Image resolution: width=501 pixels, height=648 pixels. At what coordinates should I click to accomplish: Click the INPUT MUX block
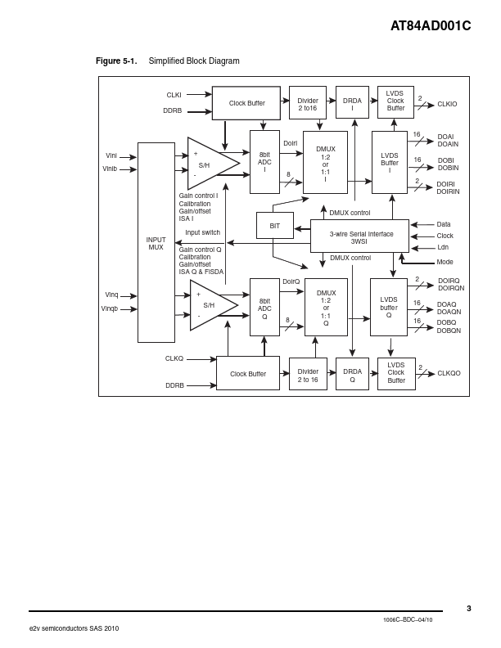pos(156,243)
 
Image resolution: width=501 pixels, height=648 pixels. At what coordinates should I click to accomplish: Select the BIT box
pos(274,226)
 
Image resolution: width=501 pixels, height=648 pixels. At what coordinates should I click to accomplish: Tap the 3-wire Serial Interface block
pos(359,236)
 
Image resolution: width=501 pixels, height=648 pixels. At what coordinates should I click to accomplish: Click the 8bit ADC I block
pos(264,162)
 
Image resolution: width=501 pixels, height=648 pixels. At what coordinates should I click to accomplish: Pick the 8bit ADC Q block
pos(264,308)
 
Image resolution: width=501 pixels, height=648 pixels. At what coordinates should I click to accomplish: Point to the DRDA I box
pos(352,103)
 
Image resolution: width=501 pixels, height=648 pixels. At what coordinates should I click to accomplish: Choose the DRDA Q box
pos(352,374)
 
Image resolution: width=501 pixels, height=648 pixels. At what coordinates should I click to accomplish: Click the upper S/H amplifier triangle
pos(209,164)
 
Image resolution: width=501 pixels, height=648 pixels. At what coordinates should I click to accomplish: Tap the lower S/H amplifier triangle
pos(210,305)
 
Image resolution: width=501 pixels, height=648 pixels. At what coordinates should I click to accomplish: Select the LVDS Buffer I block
pos(389,162)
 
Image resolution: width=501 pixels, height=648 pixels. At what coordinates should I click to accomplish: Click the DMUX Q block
pos(326,308)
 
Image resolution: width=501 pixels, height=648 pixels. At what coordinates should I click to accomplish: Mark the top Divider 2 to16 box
pos(307,103)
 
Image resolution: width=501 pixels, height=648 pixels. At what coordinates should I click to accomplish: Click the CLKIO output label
pos(447,104)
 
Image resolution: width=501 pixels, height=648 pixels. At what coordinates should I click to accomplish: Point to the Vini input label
pos(111,155)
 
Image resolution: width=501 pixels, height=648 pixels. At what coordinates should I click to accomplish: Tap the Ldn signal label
pos(442,247)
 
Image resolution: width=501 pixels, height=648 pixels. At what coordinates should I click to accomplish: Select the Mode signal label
pos(445,262)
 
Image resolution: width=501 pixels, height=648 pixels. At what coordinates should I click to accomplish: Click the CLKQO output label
pos(449,373)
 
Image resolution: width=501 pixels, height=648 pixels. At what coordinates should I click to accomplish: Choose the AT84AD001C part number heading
pos(430,26)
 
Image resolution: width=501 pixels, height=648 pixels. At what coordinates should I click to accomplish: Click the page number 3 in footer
pos(469,608)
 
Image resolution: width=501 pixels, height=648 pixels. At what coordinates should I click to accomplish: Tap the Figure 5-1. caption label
pos(116,61)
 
